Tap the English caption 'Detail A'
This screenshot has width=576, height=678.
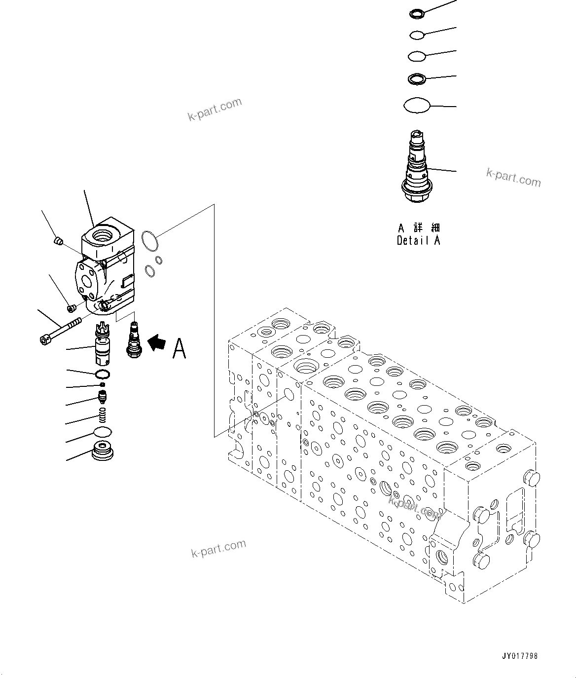(418, 240)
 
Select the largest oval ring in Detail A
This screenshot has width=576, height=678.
(417, 105)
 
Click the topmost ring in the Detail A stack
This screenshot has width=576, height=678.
(417, 14)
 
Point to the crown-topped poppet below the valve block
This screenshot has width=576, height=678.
(103, 341)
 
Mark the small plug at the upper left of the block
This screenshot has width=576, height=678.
(58, 241)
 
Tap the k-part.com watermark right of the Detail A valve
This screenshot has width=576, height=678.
(513, 178)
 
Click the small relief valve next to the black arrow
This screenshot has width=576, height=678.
(133, 339)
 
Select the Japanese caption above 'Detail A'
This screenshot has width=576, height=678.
(419, 227)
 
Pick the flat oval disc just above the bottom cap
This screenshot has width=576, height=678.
(103, 432)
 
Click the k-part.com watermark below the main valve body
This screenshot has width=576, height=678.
(218, 548)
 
